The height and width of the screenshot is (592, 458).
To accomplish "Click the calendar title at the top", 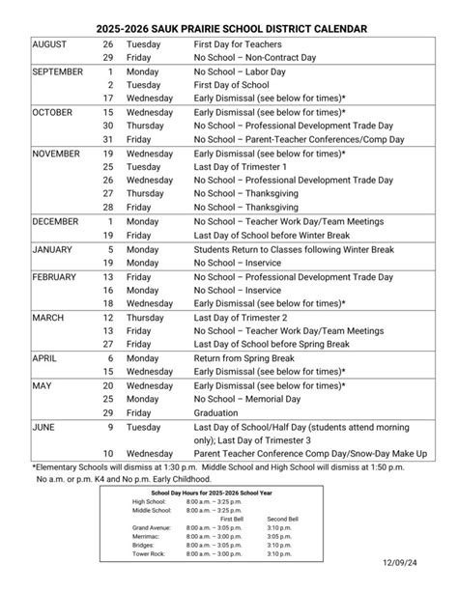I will [x=229, y=30].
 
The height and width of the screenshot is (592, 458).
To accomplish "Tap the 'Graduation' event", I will [x=217, y=411].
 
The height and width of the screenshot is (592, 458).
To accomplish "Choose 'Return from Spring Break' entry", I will [x=244, y=356].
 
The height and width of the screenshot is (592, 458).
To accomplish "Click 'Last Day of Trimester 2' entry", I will [x=242, y=316].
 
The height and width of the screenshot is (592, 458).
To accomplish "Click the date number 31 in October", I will [x=108, y=139].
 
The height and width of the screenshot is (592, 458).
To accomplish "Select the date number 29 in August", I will [x=108, y=58].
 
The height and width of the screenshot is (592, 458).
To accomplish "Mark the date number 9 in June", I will [x=110, y=425].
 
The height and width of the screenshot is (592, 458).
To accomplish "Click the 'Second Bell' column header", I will [x=283, y=520].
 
